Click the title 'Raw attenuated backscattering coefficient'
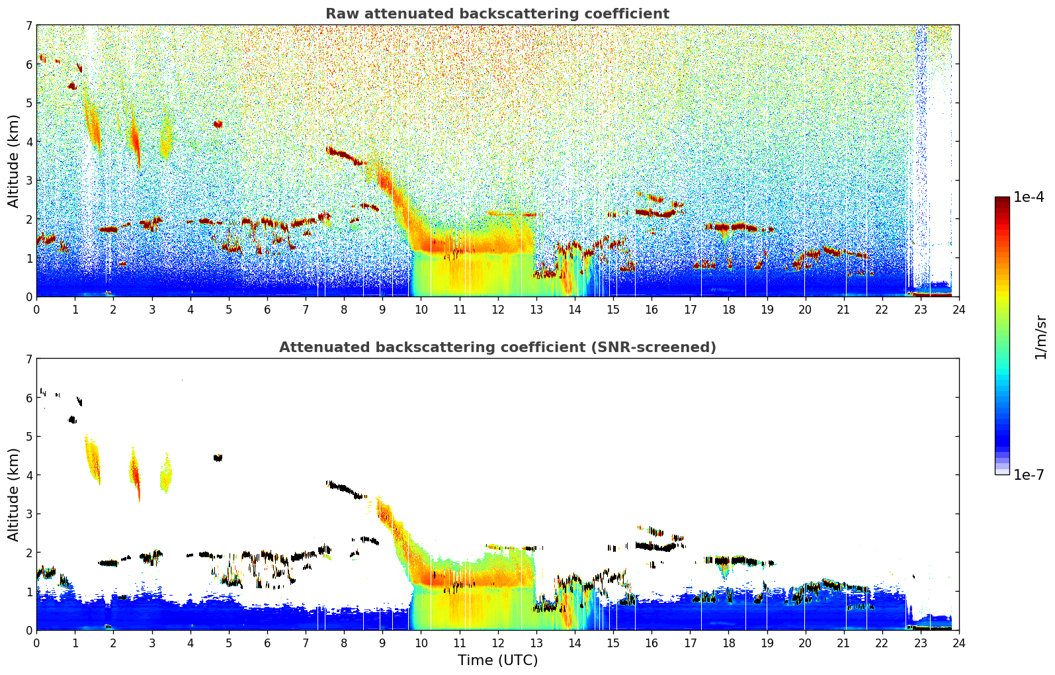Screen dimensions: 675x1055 click(497, 14)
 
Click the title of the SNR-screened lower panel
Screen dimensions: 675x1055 click(497, 347)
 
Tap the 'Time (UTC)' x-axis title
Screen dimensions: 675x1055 click(497, 660)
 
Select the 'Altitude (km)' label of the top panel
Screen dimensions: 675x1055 click(14, 161)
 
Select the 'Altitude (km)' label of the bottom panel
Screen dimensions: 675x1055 click(14, 494)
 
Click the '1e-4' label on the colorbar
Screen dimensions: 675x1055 click(1029, 197)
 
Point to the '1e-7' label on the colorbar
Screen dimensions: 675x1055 click(1029, 474)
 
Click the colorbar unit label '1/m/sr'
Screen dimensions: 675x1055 click(1040, 337)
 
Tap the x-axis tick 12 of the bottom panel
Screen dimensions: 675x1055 click(497, 643)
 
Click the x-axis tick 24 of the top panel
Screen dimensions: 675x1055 click(958, 309)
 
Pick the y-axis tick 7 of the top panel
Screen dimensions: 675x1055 click(28, 26)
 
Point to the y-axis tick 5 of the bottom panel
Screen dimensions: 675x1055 click(28, 437)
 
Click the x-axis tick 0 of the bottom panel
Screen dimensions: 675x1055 click(36, 643)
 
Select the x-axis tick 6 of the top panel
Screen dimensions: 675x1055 click(267, 309)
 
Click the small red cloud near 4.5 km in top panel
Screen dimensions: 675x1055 click(218, 124)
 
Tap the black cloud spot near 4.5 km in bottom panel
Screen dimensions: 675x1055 click(218, 457)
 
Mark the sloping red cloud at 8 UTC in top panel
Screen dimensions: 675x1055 click(344, 156)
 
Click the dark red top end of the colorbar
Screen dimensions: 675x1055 click(1001, 201)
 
